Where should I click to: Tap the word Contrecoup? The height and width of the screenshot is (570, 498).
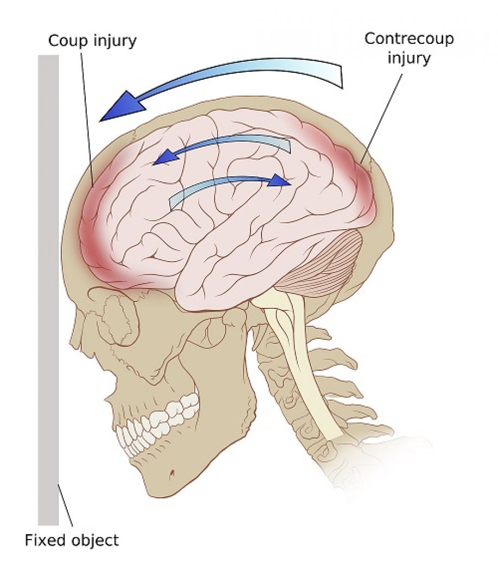[408, 39]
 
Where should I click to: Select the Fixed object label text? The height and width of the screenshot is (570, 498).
[71, 540]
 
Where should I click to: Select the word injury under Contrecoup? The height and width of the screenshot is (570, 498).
[408, 58]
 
